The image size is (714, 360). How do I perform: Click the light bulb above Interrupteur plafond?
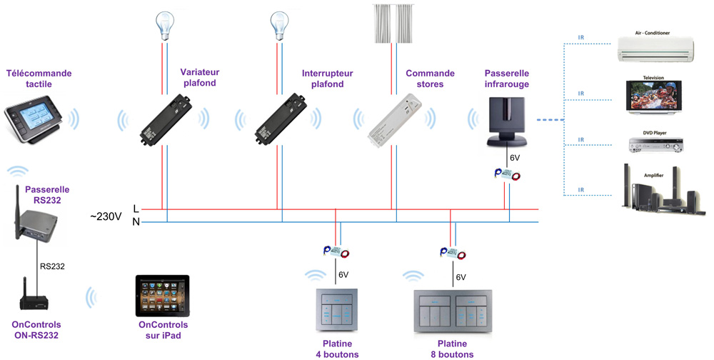(x=278, y=26)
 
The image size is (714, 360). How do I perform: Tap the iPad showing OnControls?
(x=164, y=296)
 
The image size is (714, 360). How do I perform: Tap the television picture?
(x=653, y=96)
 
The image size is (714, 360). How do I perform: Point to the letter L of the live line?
(x=136, y=209)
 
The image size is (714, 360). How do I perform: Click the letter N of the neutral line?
(x=136, y=222)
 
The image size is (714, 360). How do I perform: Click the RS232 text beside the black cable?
(x=52, y=266)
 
